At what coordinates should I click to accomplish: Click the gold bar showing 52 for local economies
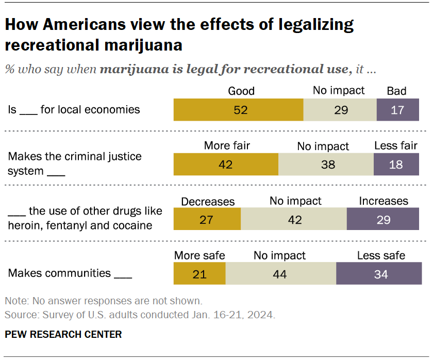pos(238,110)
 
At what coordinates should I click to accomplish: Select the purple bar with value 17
pos(397,110)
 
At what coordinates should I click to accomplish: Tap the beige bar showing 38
pos(326,165)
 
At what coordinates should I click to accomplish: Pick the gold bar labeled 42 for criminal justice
pos(226,165)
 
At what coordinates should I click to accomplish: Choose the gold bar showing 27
pos(207,219)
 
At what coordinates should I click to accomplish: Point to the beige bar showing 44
pos(280,274)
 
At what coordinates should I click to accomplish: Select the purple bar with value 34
pos(381,274)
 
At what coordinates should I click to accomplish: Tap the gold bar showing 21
pos(199,274)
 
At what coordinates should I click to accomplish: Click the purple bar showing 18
pos(396,165)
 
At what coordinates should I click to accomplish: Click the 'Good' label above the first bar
pos(241,91)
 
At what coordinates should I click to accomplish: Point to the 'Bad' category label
pos(396,91)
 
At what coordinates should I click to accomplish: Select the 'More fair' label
pos(227,146)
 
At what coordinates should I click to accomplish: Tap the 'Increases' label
pos(384,201)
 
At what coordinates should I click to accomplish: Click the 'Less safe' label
pos(381,255)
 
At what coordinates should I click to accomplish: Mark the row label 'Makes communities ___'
pos(70,273)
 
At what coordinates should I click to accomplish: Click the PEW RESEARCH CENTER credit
pos(63,335)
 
